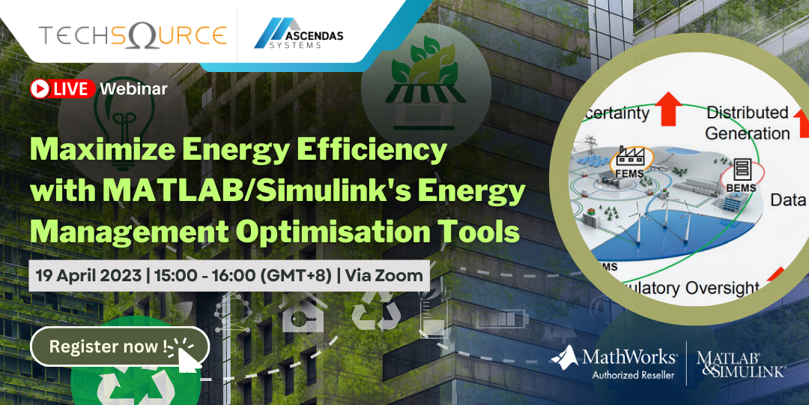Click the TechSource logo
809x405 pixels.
(133, 35)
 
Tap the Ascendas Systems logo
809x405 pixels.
(298, 35)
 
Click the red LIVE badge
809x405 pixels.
(63, 88)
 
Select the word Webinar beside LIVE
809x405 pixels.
(133, 88)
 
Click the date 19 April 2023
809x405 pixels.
(88, 275)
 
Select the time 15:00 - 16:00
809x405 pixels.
(203, 275)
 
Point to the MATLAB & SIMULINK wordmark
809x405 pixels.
(740, 363)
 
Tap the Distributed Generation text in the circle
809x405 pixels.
(748, 123)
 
